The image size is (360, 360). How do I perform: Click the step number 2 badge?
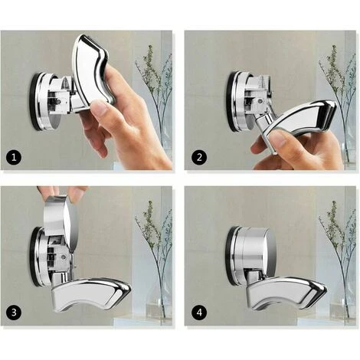(x=198, y=159)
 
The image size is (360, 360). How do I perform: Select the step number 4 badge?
(x=198, y=313)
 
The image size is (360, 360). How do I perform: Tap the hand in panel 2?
(x=299, y=149)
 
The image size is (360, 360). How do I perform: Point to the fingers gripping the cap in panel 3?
(x=61, y=193)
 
